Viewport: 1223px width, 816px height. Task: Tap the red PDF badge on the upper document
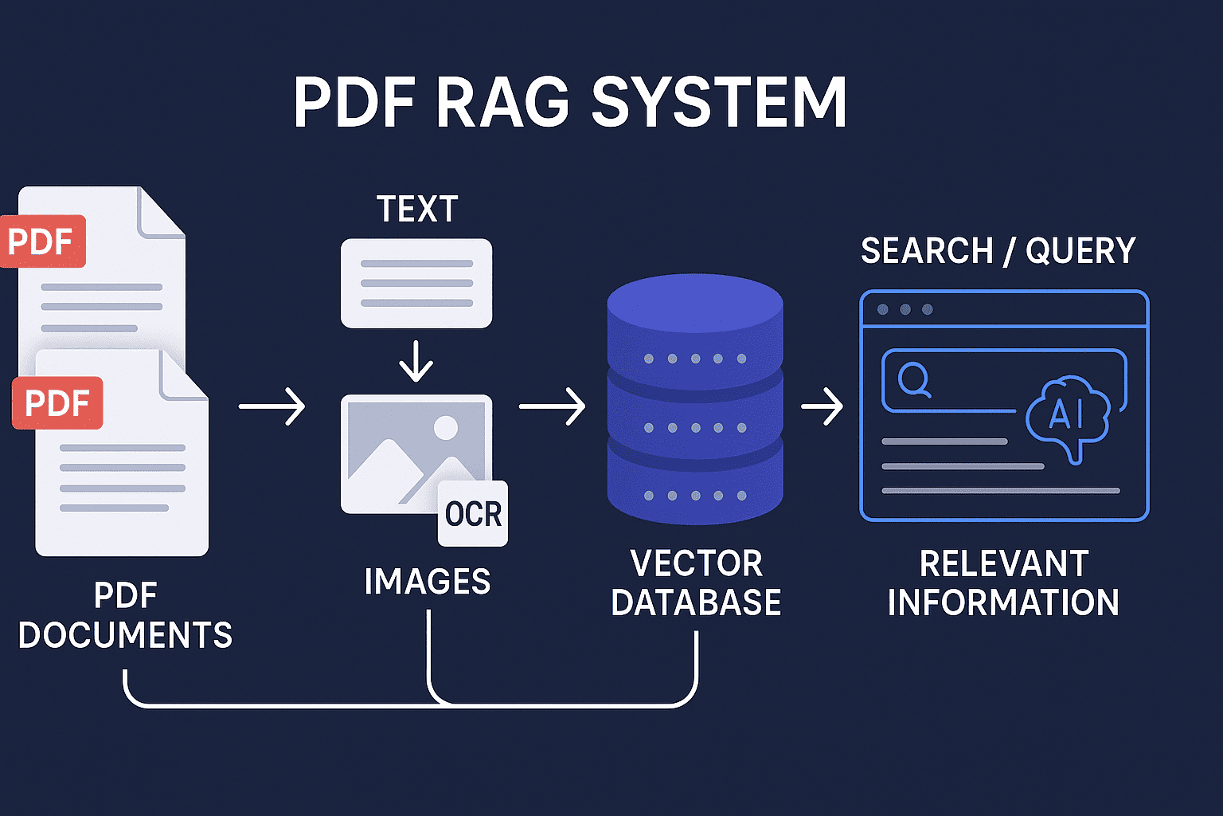[x=41, y=241]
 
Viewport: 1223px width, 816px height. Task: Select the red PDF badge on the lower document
[x=57, y=403]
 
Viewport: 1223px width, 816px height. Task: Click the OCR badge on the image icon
[x=473, y=514]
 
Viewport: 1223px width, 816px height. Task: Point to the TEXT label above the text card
[x=417, y=210]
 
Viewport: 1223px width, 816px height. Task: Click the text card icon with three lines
[x=416, y=283]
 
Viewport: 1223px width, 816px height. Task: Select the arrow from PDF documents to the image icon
[x=272, y=406]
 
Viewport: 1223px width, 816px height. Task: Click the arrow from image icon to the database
[x=553, y=406]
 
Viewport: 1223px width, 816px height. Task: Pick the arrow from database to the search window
[x=822, y=406]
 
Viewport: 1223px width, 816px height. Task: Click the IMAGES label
[x=428, y=582]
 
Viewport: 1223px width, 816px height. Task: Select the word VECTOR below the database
[x=697, y=564]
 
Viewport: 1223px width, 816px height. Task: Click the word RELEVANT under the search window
[x=1004, y=564]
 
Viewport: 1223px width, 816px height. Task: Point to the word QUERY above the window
[x=1080, y=251]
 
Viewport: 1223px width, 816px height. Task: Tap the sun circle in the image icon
[x=445, y=428]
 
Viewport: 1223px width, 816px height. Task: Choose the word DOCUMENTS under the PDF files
[x=125, y=635]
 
